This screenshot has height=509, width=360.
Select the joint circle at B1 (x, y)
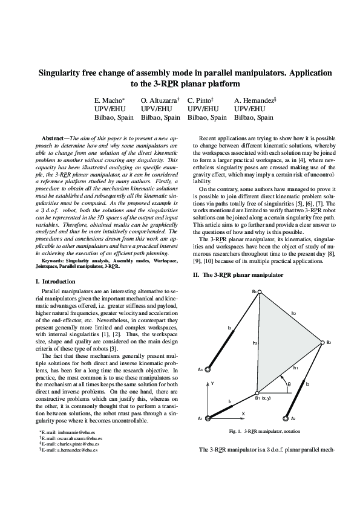(x=257, y=391)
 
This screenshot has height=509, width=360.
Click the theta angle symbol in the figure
(x=289, y=383)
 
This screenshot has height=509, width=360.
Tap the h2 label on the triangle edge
(x=293, y=313)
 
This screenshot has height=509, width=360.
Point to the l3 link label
(x=229, y=328)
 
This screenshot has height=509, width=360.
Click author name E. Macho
(x=110, y=100)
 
